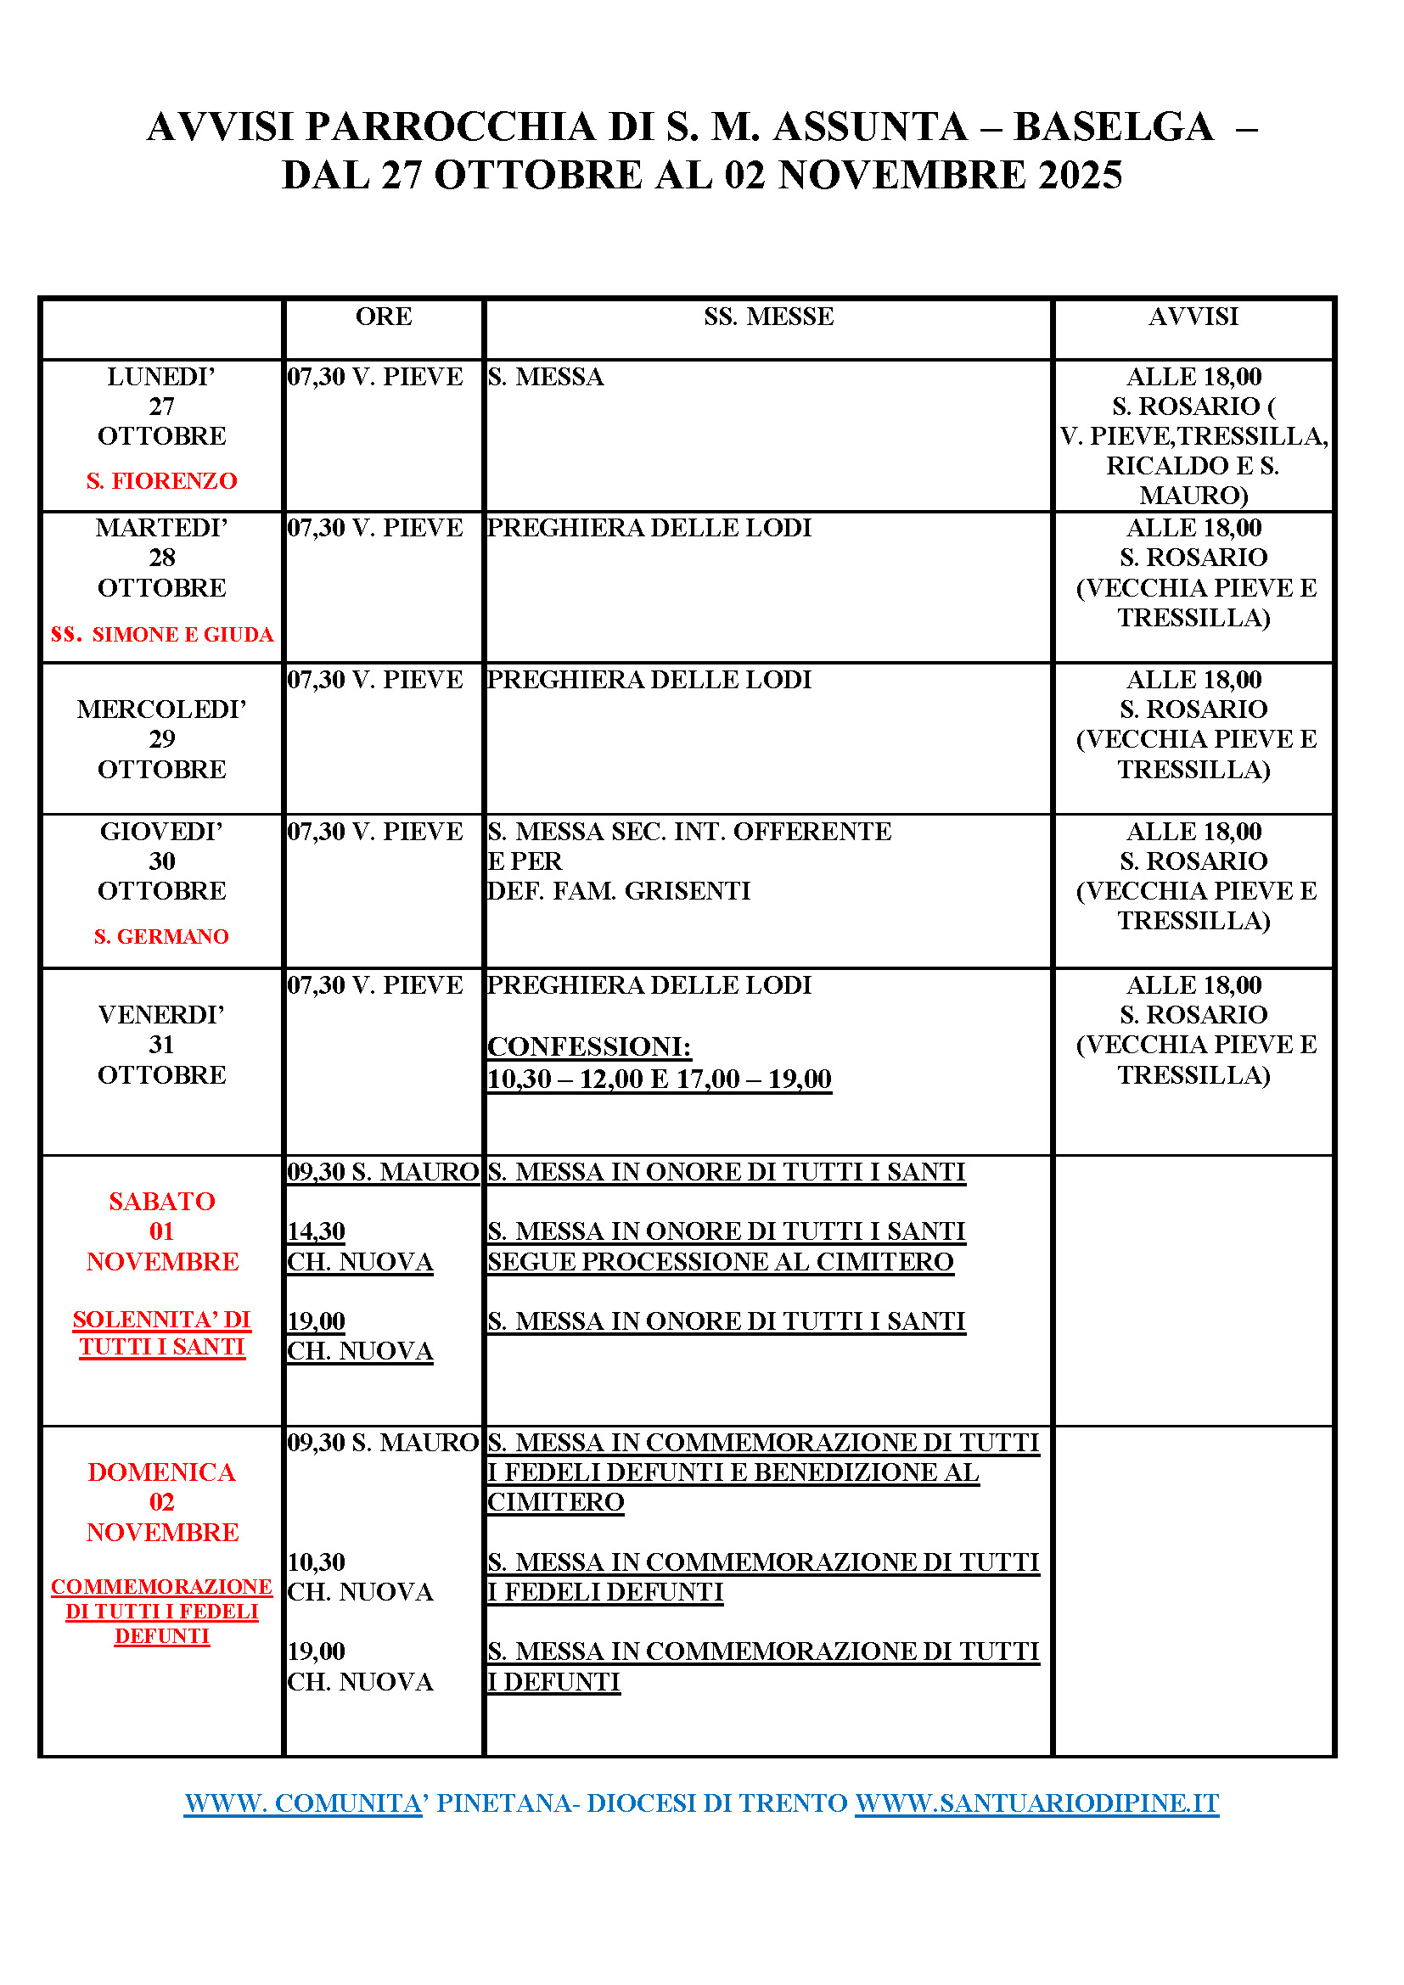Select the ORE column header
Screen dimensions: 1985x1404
coord(383,317)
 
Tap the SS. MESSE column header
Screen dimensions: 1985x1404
coord(767,317)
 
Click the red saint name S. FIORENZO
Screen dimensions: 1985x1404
coord(161,480)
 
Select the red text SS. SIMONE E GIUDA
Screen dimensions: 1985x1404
coord(161,635)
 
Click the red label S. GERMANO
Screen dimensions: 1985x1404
coord(161,936)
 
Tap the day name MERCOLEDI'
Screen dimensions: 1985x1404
coord(161,709)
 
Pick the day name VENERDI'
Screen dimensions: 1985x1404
coord(161,1014)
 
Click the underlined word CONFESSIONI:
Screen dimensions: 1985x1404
coord(589,1047)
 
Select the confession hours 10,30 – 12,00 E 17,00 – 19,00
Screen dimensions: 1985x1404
coord(659,1079)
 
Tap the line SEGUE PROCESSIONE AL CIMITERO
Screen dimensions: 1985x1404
coord(720,1261)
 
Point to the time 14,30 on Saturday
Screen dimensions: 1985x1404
coord(317,1231)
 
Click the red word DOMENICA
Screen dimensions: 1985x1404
coord(161,1472)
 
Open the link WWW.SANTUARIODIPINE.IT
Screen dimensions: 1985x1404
coord(1036,1803)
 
